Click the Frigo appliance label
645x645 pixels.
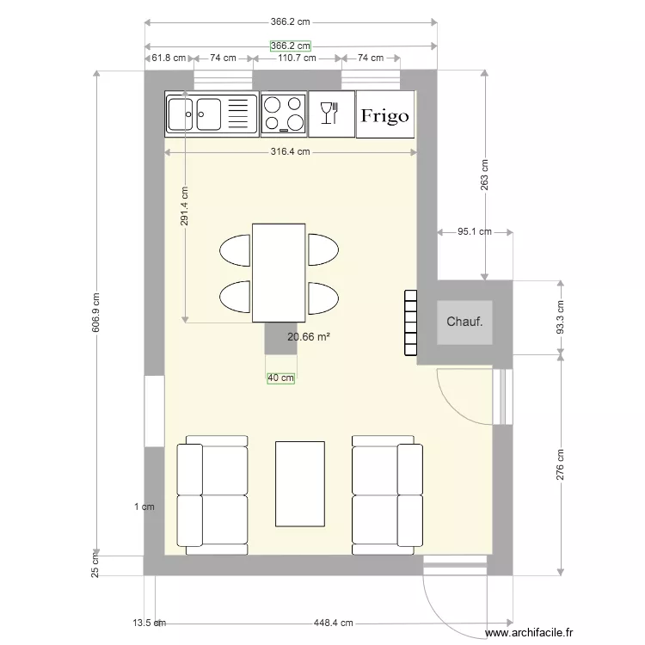(x=385, y=115)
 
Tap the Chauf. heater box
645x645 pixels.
(x=464, y=322)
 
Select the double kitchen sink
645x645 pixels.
(x=212, y=114)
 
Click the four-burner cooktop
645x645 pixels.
(x=284, y=114)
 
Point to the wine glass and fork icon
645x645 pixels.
(x=329, y=113)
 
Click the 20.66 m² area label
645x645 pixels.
(x=309, y=337)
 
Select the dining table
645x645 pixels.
(x=279, y=273)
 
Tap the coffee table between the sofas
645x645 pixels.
(x=300, y=483)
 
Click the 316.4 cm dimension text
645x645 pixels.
(x=290, y=151)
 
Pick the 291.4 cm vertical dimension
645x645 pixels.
(x=184, y=206)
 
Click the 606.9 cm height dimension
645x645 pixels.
(x=95, y=313)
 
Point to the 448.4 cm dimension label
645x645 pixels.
(x=333, y=623)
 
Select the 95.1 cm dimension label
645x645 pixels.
(x=475, y=231)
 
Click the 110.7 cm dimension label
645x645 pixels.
(x=297, y=58)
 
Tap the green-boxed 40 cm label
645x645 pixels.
(x=281, y=378)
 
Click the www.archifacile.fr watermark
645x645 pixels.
(x=529, y=633)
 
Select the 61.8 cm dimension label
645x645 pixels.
(x=169, y=58)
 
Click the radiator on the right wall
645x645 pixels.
(x=410, y=322)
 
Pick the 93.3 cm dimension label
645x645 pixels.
(x=560, y=317)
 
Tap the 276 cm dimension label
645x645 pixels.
(x=560, y=464)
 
